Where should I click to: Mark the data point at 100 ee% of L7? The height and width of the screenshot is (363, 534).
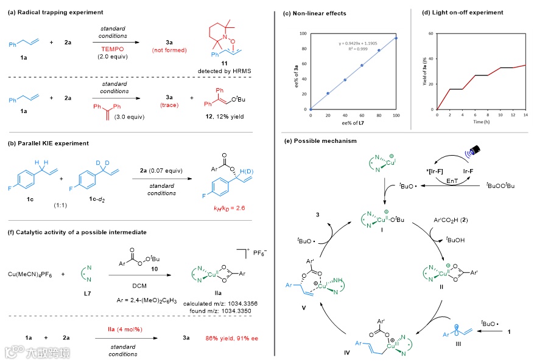tap(396, 38)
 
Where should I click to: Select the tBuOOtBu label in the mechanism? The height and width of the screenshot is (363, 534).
tap(501, 184)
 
